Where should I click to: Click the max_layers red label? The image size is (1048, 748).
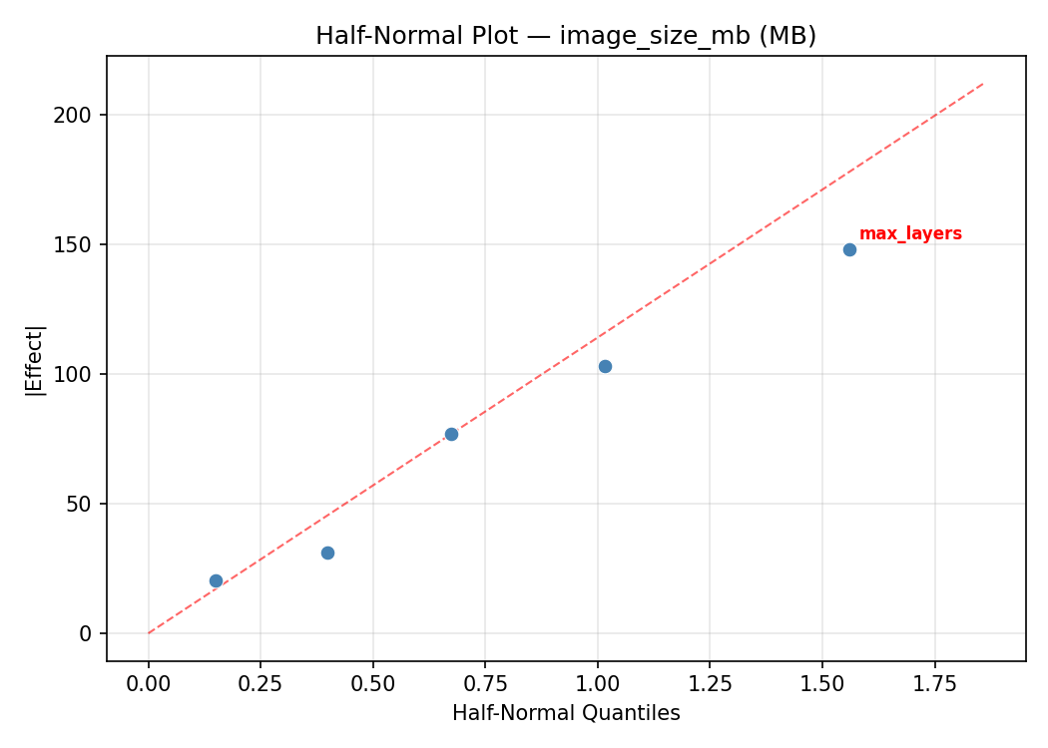(910, 234)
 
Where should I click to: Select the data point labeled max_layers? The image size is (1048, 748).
(849, 249)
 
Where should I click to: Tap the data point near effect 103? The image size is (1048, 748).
(605, 366)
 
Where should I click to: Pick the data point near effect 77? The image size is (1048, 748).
(451, 434)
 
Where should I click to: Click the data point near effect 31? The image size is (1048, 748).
(327, 553)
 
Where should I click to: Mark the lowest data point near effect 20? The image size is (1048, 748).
(216, 580)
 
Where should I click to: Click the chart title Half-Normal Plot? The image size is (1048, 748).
(566, 36)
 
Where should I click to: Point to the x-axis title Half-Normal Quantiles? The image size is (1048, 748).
(566, 713)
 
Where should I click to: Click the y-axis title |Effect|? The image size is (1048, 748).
(36, 359)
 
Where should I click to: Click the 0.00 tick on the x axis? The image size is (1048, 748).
(149, 683)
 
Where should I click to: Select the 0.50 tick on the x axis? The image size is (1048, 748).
(372, 683)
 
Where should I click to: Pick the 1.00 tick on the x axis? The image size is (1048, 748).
(597, 683)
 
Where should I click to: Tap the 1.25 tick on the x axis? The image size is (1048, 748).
(710, 683)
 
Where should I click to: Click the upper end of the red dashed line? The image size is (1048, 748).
(984, 83)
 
